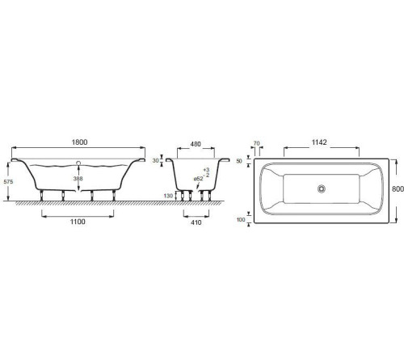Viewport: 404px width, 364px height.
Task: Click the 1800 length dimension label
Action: pos(79,142)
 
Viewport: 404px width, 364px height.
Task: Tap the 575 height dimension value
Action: pos(8,182)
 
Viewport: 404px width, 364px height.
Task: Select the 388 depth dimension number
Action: pos(78,179)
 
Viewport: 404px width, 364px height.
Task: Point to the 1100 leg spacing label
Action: pos(78,222)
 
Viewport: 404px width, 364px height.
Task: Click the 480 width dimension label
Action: pos(196,144)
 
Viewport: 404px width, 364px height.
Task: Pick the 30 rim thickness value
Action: pos(155,161)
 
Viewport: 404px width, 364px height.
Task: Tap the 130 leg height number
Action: pos(168,196)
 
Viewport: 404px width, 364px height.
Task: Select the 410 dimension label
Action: pos(196,222)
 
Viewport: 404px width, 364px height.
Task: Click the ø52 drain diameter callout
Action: pos(198,179)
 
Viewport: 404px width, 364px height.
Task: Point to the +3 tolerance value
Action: pos(206,170)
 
